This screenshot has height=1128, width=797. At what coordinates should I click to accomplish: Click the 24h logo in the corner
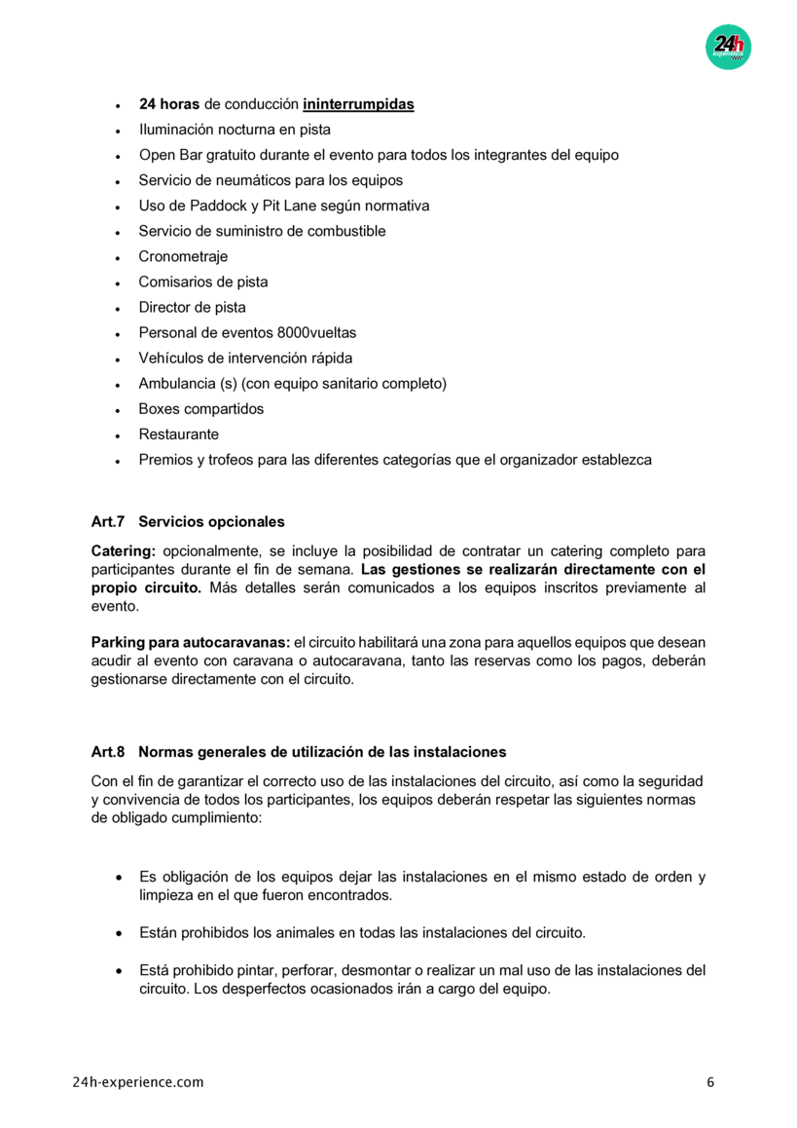[728, 46]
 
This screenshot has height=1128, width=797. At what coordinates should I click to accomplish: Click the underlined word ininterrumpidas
[358, 104]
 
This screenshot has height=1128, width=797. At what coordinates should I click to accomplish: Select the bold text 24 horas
[169, 104]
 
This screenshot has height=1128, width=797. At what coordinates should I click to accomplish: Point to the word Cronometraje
[183, 256]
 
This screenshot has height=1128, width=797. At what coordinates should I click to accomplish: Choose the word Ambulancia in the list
[176, 383]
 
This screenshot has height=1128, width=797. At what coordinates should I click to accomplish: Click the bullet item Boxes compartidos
[200, 408]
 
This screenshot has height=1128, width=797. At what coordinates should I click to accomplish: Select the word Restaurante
[178, 433]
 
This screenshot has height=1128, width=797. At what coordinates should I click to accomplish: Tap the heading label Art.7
[109, 522]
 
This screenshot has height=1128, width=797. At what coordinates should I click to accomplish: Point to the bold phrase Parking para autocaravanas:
[191, 643]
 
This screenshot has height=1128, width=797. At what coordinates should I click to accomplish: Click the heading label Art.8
[109, 752]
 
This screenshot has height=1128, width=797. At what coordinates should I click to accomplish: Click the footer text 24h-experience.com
[138, 1082]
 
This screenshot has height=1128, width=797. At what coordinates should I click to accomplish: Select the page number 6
[710, 1082]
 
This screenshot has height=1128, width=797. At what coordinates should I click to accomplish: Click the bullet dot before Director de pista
[117, 308]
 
